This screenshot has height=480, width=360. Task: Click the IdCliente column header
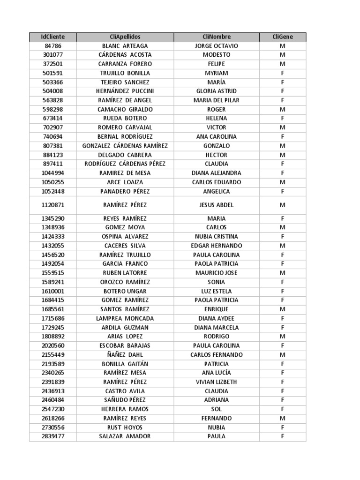click(53, 37)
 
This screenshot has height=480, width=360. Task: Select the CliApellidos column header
click(125, 37)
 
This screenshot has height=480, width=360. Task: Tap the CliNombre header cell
click(217, 37)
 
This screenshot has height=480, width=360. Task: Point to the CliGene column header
click(283, 37)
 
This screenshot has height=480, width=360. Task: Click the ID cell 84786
click(53, 46)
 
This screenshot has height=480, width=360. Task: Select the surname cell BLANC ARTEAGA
click(125, 46)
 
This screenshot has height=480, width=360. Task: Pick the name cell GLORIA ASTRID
click(217, 91)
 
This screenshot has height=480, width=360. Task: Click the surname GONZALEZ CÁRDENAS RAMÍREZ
click(125, 146)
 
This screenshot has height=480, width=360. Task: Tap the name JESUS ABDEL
click(217, 205)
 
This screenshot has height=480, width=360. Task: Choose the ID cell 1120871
click(53, 205)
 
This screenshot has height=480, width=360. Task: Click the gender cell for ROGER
click(283, 109)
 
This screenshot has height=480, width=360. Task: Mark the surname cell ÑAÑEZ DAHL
click(125, 355)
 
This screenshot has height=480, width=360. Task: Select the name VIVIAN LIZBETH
click(217, 382)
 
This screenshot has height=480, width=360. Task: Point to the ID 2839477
click(53, 436)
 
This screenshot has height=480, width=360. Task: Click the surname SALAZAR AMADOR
click(125, 436)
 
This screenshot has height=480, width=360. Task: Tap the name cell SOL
click(217, 409)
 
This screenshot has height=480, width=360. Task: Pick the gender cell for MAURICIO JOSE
click(283, 273)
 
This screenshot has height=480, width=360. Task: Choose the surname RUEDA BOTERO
click(125, 118)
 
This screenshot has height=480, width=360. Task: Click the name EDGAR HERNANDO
click(217, 246)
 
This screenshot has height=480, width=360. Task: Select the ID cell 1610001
click(53, 291)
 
